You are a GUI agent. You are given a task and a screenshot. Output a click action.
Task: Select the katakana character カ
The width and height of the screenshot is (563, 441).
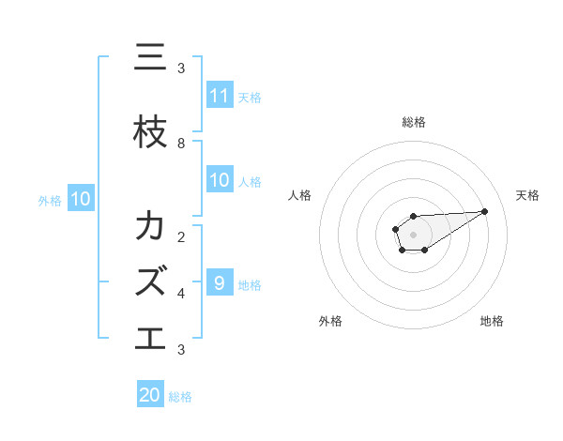click(150, 226)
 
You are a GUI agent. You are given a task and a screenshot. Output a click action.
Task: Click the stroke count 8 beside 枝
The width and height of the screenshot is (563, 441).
click(181, 143)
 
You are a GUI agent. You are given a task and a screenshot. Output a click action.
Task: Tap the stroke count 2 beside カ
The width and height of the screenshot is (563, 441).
click(181, 236)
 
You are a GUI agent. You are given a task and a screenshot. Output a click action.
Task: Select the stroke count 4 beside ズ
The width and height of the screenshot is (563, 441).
click(181, 293)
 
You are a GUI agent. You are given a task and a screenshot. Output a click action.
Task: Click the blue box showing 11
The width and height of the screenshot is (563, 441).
click(220, 96)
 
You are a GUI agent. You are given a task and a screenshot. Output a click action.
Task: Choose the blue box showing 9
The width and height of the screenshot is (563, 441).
click(220, 283)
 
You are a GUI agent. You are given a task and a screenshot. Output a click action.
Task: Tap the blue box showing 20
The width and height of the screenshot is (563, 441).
click(150, 395)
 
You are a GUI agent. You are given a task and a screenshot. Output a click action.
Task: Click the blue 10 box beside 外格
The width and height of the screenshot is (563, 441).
click(81, 199)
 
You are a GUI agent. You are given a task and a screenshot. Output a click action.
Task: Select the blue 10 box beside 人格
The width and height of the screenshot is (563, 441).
click(220, 180)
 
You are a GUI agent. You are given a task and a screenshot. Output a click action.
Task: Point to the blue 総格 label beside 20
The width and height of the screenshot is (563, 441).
click(180, 396)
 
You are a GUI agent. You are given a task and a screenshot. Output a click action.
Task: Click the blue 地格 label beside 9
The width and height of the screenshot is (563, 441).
click(250, 284)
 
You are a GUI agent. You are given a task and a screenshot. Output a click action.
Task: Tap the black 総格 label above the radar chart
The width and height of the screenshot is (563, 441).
click(413, 122)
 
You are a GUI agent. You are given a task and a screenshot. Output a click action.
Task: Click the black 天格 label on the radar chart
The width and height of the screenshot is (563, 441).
click(527, 195)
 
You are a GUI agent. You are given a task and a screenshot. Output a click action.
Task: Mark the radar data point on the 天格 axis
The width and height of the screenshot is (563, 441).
click(485, 211)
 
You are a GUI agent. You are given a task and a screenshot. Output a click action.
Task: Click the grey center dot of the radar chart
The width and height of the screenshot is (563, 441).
click(413, 234)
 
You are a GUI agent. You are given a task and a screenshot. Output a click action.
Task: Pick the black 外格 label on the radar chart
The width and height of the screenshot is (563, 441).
click(330, 321)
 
